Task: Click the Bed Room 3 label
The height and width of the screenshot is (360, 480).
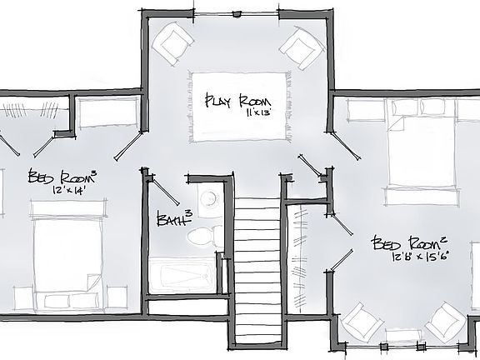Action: point(62,177)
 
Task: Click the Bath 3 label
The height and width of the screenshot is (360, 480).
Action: point(173,218)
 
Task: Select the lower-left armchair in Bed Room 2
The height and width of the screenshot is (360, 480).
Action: point(360,323)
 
